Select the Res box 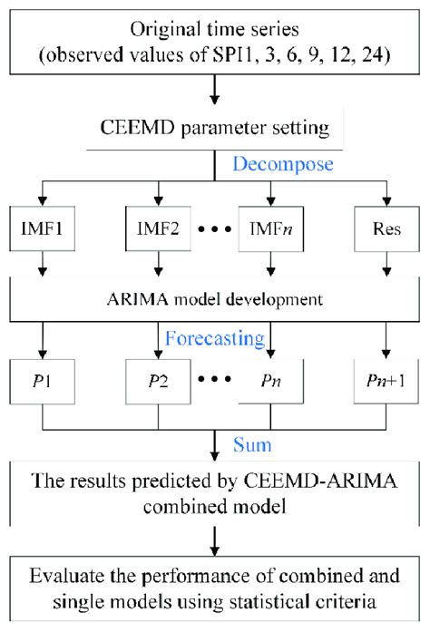click(x=385, y=220)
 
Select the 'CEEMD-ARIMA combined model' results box click(x=215, y=494)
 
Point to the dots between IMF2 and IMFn click(x=215, y=221)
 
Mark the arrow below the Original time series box click(x=215, y=91)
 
